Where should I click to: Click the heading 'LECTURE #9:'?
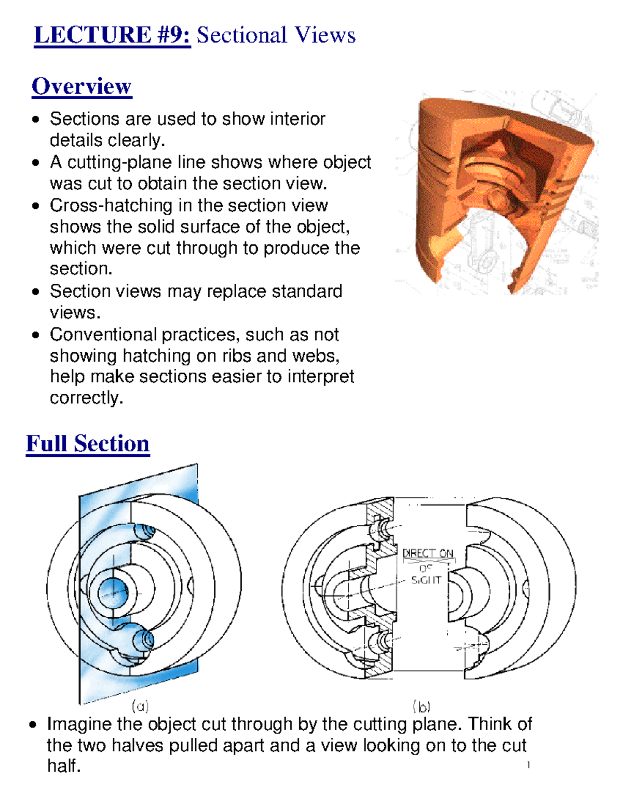point(112,35)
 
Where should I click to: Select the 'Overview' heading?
point(82,86)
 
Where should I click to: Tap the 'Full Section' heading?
point(88,444)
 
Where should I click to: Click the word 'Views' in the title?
point(325,35)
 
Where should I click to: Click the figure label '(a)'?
point(140,706)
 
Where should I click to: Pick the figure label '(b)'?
point(422,707)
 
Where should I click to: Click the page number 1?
point(528,764)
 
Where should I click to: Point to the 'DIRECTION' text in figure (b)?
point(428,553)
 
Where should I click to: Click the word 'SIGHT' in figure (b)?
point(426,580)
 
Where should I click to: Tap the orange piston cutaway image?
point(498,192)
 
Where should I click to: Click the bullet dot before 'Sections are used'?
point(35,120)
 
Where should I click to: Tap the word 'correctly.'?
point(86,398)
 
